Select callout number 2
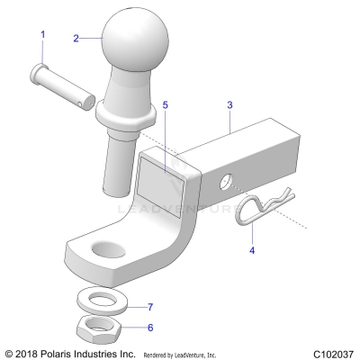pyautogui.click(x=76, y=38)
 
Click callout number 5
pyautogui.click(x=166, y=104)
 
